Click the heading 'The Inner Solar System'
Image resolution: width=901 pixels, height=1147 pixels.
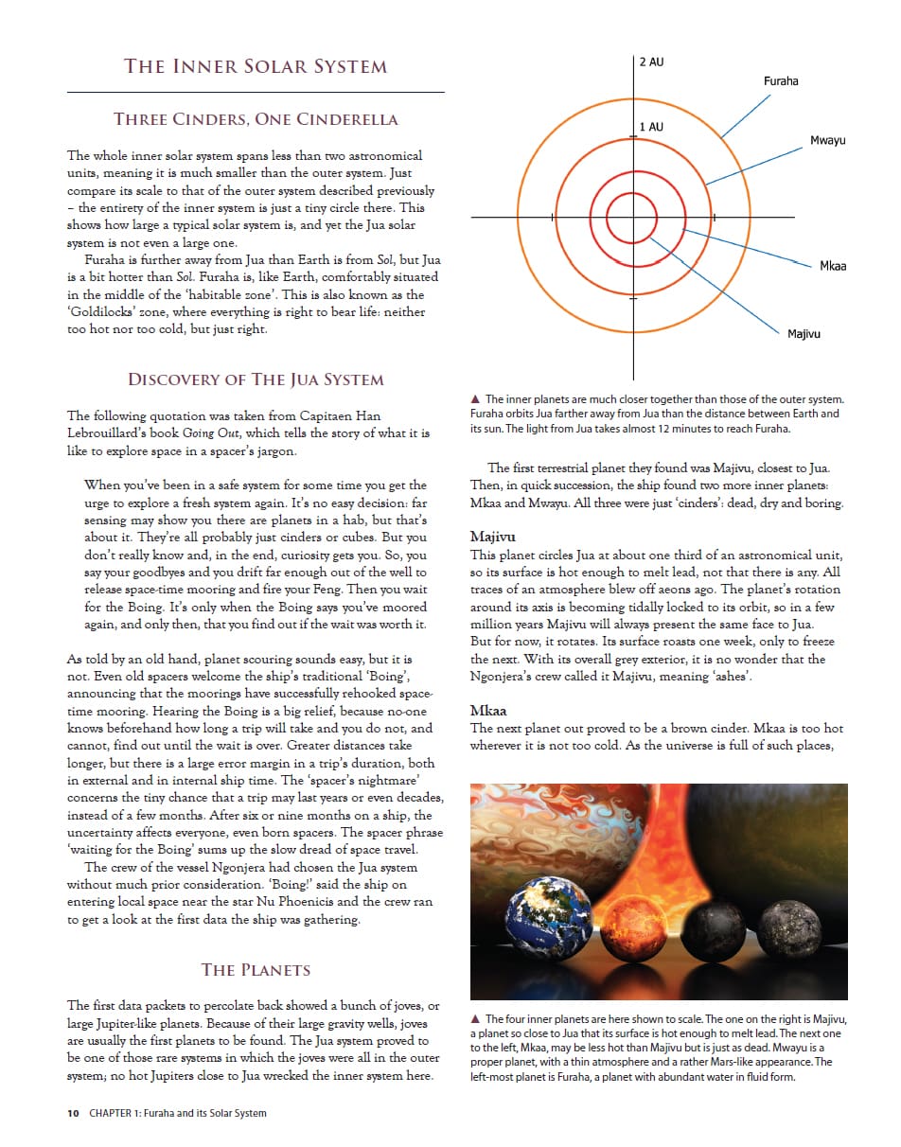(x=256, y=66)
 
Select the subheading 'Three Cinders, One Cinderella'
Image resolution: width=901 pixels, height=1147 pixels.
(x=256, y=119)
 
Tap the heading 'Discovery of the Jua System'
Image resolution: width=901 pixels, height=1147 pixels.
(x=256, y=379)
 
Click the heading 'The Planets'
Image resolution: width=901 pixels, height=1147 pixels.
(x=256, y=970)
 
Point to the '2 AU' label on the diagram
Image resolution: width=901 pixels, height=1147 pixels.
(x=651, y=62)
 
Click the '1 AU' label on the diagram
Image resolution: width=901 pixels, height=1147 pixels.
(x=651, y=127)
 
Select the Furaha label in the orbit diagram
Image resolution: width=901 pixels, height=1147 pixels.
(x=781, y=81)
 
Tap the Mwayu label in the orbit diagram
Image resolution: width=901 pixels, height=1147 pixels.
(x=828, y=141)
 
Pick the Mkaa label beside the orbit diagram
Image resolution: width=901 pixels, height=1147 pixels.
(x=833, y=266)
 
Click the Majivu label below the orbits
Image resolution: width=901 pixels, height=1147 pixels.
(x=804, y=334)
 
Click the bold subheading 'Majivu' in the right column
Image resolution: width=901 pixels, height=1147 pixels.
(x=492, y=537)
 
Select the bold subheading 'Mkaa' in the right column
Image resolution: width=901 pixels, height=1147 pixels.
(x=488, y=711)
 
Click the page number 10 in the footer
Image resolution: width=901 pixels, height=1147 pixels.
(x=73, y=1113)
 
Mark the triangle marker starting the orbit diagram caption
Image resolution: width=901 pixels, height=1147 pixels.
(x=475, y=400)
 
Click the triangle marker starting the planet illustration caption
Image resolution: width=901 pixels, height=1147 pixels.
(x=475, y=1019)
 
